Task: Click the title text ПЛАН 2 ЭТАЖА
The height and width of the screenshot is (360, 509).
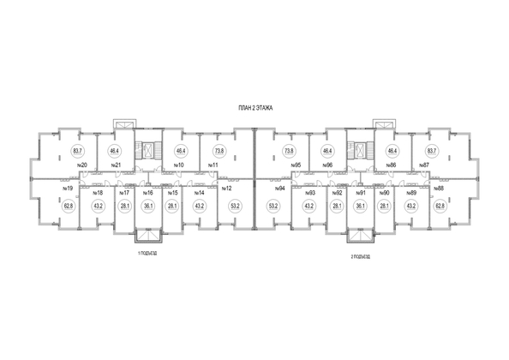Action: tap(255, 109)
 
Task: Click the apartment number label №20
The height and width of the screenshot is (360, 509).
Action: tap(83, 165)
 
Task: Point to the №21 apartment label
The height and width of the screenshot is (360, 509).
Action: tap(115, 165)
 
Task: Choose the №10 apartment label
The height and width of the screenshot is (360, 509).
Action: tap(179, 165)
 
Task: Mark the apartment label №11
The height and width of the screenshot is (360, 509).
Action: tap(214, 165)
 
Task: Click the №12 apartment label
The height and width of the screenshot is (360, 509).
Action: tap(227, 189)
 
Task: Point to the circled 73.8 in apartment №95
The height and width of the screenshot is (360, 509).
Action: tap(289, 150)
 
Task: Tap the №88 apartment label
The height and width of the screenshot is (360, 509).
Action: tap(438, 189)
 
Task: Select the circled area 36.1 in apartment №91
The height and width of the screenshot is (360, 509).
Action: tap(361, 207)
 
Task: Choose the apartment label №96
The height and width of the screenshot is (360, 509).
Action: tap(326, 165)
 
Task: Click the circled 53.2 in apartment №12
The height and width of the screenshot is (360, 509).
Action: tap(235, 207)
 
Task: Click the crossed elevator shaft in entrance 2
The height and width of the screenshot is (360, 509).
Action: tap(360, 151)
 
